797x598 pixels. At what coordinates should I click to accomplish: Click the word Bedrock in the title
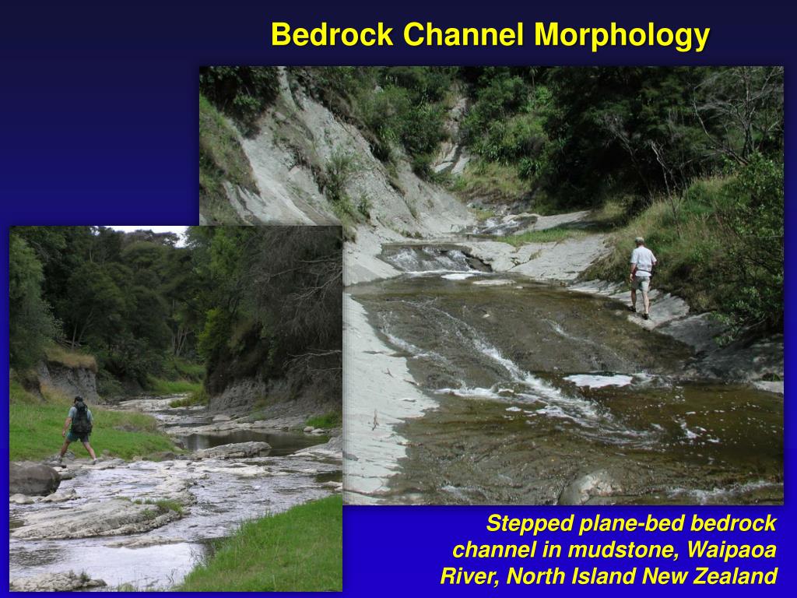pos(332,35)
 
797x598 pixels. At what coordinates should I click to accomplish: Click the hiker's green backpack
pos(80,420)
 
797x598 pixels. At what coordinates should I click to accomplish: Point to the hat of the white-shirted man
pos(639,241)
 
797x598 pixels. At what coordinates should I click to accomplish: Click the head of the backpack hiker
pos(79,401)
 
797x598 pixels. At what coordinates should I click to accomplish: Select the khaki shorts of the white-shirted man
pos(641,283)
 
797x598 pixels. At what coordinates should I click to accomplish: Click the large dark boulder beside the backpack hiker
pos(33,479)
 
